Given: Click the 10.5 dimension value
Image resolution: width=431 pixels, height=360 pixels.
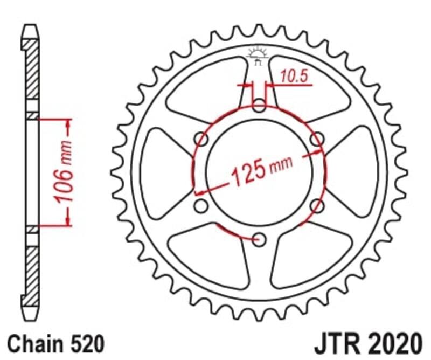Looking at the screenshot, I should point(295,77).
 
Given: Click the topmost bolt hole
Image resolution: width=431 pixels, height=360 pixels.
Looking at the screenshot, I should point(259,105).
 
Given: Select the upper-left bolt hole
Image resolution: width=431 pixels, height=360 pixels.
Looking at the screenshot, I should point(201,139).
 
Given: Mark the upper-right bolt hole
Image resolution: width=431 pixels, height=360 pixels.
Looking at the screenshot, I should point(318,139).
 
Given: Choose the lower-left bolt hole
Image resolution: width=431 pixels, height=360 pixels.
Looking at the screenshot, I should point(201,206).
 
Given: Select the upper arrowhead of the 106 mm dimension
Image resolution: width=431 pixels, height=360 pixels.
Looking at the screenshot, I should point(68,123).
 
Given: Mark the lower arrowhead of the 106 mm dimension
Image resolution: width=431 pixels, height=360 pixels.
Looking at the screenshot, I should point(68,220).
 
